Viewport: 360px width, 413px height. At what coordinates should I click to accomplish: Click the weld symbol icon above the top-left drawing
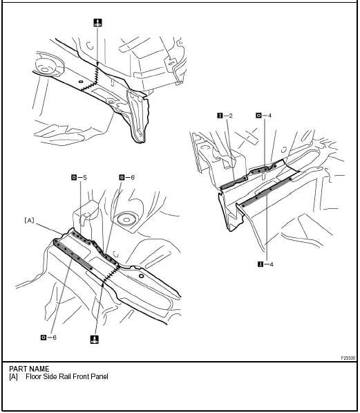point(97,23)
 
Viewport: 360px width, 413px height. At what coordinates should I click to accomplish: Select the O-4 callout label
point(263,116)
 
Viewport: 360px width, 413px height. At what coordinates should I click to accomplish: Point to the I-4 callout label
point(265,264)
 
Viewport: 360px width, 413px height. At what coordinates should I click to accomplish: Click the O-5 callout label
point(79,178)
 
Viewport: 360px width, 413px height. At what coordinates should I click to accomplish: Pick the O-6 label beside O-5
point(126,178)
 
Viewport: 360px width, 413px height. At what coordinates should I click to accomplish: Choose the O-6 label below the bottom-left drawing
point(48,337)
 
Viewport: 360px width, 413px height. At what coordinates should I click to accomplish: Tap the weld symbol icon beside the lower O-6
point(93,339)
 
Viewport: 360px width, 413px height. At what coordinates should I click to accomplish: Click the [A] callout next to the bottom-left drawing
point(30,220)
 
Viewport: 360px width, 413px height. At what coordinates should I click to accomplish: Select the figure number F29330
point(348,358)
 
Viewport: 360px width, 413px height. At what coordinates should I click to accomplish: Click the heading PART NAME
point(29,369)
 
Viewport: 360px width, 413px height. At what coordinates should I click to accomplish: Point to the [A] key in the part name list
point(14,377)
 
